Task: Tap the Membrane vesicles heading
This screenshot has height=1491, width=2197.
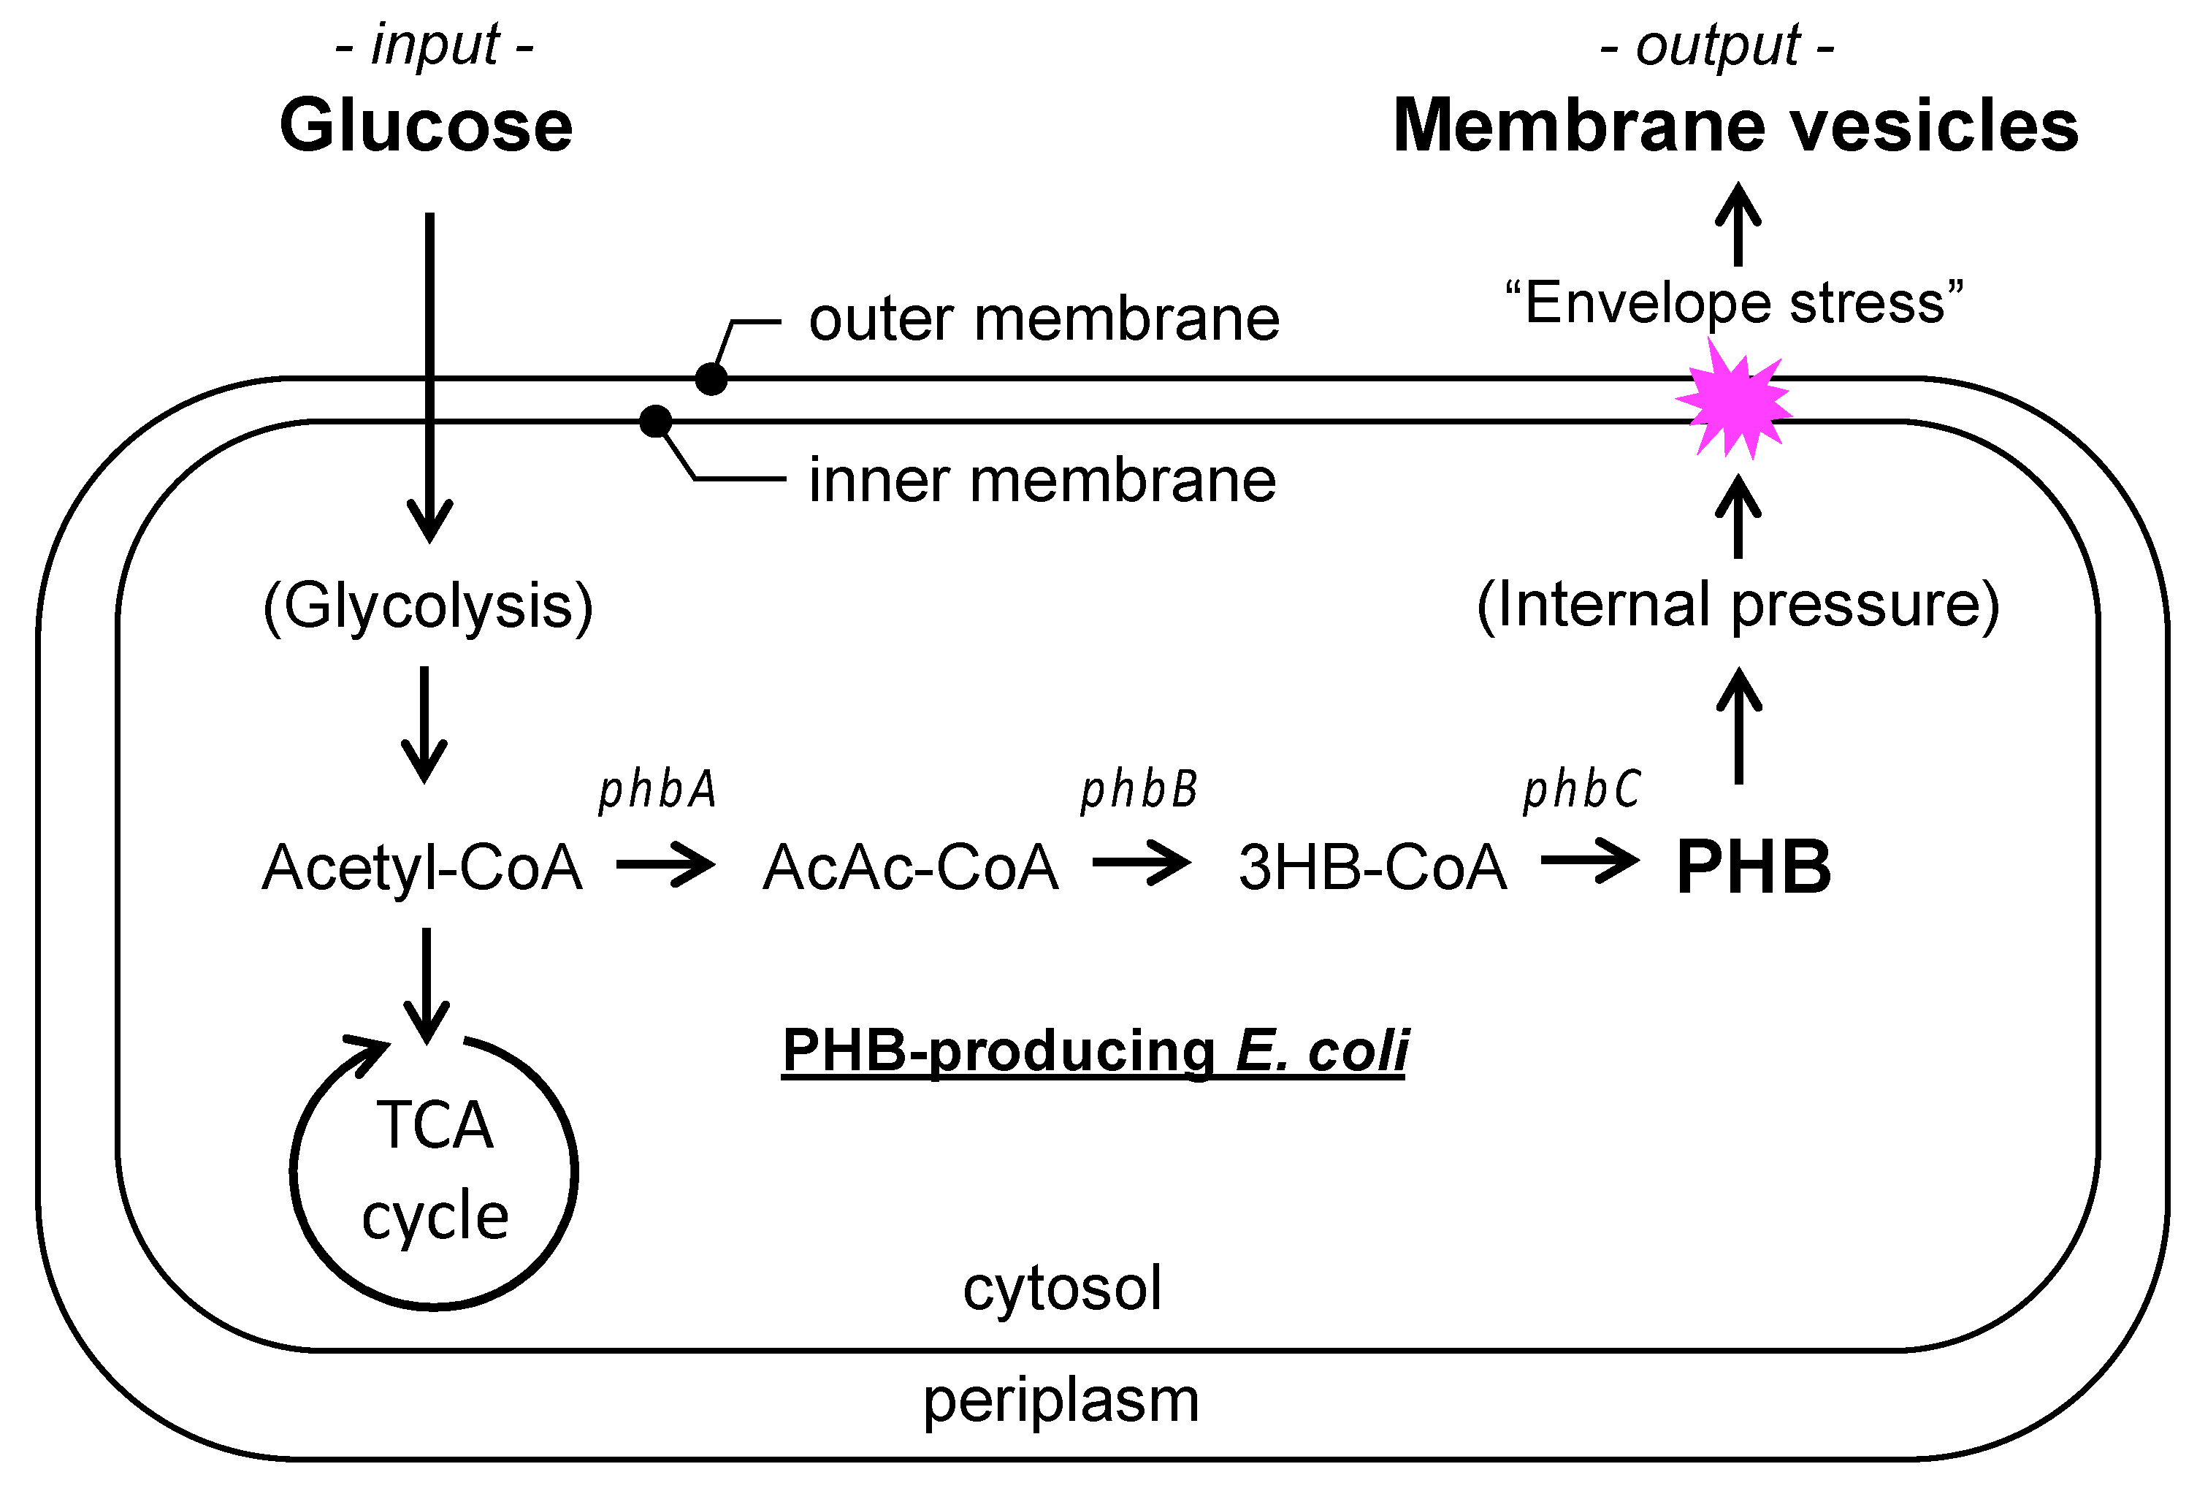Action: (1735, 126)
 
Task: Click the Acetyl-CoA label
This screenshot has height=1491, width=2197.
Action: (421, 867)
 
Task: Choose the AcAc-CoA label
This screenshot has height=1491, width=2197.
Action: (910, 867)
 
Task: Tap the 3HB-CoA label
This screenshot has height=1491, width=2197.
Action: (1372, 867)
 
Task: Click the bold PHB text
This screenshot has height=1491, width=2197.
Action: (1754, 867)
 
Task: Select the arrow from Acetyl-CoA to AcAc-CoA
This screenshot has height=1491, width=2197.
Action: (665, 864)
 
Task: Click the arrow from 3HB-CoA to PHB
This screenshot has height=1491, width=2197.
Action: (1590, 861)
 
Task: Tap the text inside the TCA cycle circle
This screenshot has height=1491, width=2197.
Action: (435, 1170)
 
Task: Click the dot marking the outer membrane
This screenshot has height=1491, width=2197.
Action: (711, 379)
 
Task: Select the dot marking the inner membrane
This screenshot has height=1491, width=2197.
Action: (655, 422)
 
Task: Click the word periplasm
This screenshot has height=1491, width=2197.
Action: (1061, 1400)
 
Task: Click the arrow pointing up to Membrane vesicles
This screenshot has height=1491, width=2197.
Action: (1738, 224)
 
